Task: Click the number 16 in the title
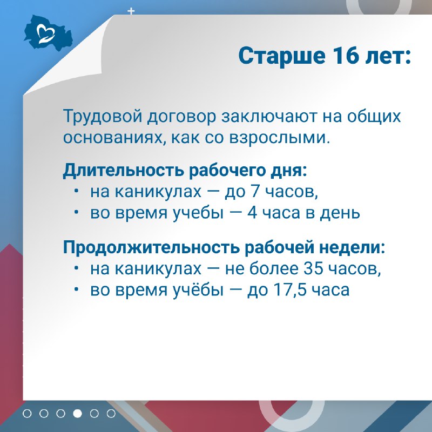pyautogui.click(x=346, y=56)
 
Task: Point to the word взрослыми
pyautogui.click(x=279, y=138)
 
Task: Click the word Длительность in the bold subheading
pyautogui.click(x=124, y=170)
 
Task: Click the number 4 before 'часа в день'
pyautogui.click(x=252, y=213)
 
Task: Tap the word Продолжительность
pyautogui.click(x=151, y=247)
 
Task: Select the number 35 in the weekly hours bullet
pyautogui.click(x=313, y=268)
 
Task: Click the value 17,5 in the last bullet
pyautogui.click(x=290, y=290)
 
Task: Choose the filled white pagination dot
pyautogui.click(x=77, y=414)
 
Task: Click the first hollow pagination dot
pyautogui.click(x=27, y=414)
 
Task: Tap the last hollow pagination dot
pyautogui.click(x=111, y=414)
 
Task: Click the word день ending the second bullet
pyautogui.click(x=340, y=213)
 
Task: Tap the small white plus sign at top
pyautogui.click(x=131, y=11)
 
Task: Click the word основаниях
pyautogui.click(x=114, y=138)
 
